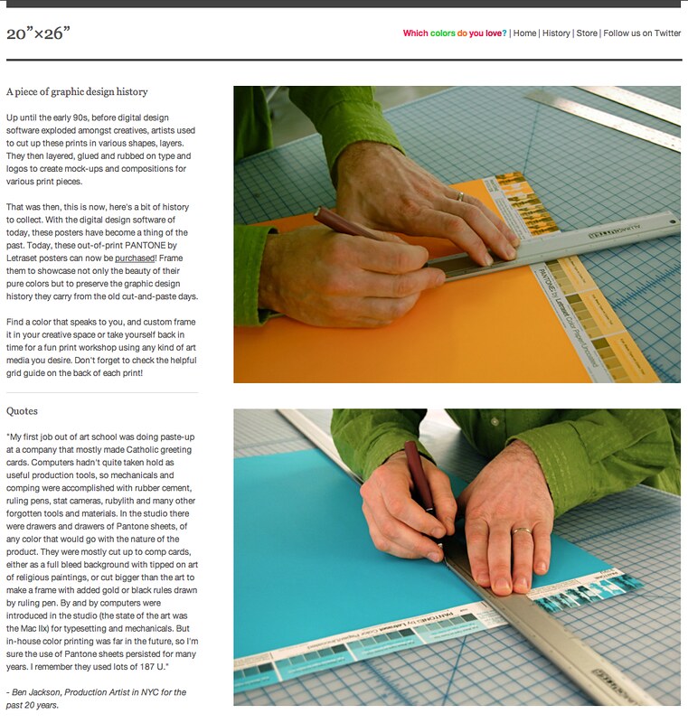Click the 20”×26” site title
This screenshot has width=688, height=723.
tap(38, 33)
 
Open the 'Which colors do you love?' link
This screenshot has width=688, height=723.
tap(455, 33)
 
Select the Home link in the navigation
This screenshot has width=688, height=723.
tap(524, 33)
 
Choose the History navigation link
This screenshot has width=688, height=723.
tap(556, 33)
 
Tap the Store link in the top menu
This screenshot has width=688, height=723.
tap(587, 33)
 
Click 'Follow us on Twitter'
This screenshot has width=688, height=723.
tap(642, 33)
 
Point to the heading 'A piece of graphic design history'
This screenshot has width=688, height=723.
tap(77, 92)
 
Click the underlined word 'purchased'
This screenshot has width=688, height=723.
tap(135, 258)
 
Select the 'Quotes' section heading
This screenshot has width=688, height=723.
tap(22, 411)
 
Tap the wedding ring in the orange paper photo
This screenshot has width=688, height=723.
tap(460, 196)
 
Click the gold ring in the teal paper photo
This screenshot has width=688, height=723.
tap(522, 531)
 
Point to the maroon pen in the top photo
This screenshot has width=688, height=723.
tap(346, 223)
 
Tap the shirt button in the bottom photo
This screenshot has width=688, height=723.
tap(495, 421)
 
